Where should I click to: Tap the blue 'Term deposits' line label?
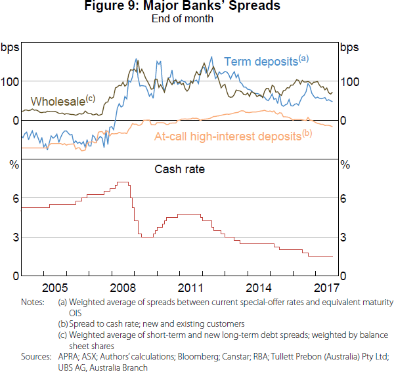(x=262, y=62)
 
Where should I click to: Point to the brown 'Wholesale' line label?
(x=59, y=102)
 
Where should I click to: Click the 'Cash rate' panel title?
(x=179, y=169)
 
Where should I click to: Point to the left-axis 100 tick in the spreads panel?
(x=9, y=81)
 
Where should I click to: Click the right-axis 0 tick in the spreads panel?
(x=343, y=121)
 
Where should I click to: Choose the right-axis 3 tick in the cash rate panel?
(x=343, y=237)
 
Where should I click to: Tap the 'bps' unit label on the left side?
(x=10, y=47)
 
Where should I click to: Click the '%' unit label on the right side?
(x=345, y=164)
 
